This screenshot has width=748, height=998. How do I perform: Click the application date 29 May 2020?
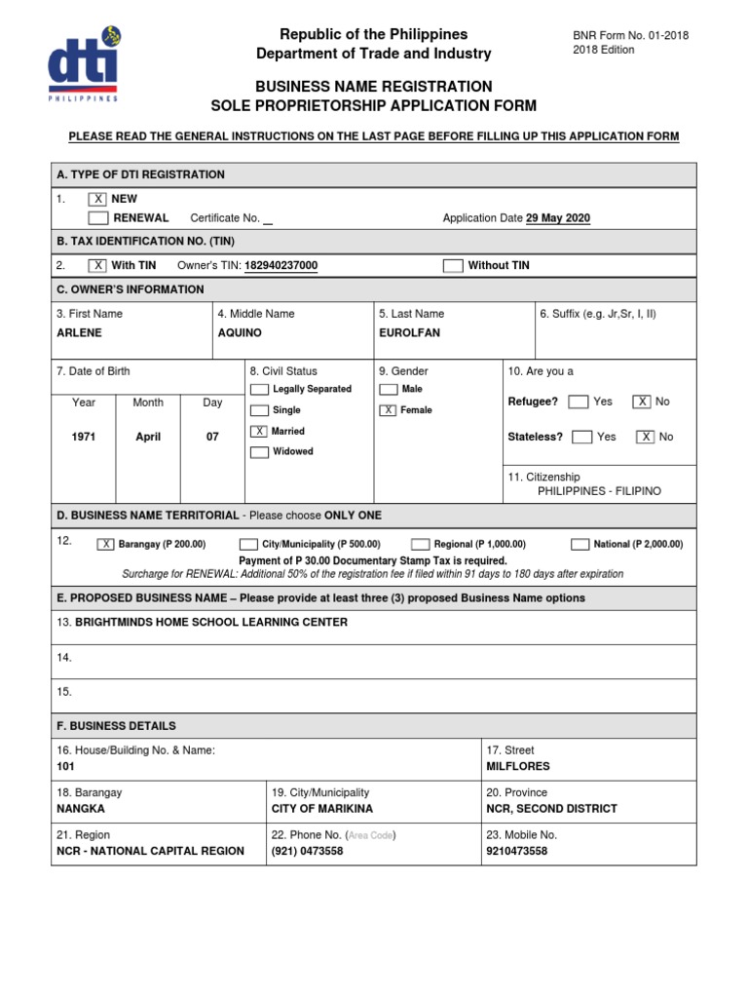pyautogui.click(x=557, y=218)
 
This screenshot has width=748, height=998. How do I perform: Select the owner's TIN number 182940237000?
pyautogui.click(x=280, y=265)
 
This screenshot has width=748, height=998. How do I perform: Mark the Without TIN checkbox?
pyautogui.click(x=453, y=265)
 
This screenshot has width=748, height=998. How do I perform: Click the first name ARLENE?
pyautogui.click(x=79, y=332)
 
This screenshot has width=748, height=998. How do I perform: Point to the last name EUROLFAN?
pyautogui.click(x=410, y=332)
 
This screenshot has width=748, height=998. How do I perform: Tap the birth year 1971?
pyautogui.click(x=84, y=438)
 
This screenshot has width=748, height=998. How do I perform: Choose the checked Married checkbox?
pyautogui.click(x=259, y=431)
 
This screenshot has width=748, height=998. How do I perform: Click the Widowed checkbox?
pyautogui.click(x=259, y=452)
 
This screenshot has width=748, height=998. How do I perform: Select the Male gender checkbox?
pyautogui.click(x=388, y=389)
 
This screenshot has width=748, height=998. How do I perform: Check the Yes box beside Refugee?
pyautogui.click(x=578, y=402)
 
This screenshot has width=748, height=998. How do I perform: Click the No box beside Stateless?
pyautogui.click(x=645, y=437)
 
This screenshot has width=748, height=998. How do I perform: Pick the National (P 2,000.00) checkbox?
pyautogui.click(x=579, y=544)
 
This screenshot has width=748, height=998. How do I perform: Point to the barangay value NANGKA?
pyautogui.click(x=81, y=809)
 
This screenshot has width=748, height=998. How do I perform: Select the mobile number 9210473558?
pyautogui.click(x=516, y=851)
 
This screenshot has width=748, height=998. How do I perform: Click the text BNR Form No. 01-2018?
pyautogui.click(x=630, y=35)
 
